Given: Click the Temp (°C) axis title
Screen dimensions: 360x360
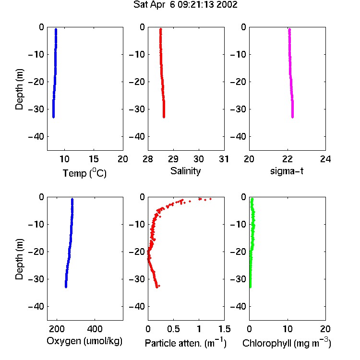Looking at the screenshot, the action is (x=84, y=173).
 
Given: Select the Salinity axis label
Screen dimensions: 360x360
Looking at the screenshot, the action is (x=185, y=171).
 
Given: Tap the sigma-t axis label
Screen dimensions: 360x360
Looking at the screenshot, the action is (x=287, y=171).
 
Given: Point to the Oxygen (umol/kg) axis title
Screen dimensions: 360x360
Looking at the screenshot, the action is (x=84, y=341).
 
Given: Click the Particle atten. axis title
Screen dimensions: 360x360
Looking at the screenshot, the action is (x=186, y=343).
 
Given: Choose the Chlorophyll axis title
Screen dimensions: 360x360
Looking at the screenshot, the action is (x=287, y=343).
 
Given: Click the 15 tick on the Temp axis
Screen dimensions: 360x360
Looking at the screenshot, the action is (x=94, y=159).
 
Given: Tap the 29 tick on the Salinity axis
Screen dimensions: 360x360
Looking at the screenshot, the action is (x=173, y=159).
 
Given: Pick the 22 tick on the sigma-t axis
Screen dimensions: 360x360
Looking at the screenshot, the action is (x=288, y=159).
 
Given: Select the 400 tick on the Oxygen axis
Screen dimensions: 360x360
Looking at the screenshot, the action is (x=95, y=329).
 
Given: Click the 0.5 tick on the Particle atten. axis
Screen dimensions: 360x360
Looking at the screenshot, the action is (x=174, y=329).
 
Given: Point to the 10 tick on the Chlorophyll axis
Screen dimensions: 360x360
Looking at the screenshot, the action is (x=288, y=329).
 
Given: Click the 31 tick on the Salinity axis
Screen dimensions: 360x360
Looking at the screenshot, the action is (x=224, y=159).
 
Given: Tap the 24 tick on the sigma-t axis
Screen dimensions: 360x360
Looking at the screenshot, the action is (x=325, y=159).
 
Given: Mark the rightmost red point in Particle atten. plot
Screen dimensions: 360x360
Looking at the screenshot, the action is (x=210, y=199).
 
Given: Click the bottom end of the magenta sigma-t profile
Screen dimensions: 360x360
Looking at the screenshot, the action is (x=292, y=118).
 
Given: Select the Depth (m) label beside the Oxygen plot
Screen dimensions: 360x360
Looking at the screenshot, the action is (x=20, y=259).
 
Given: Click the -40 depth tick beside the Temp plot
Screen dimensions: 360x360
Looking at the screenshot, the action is (x=36, y=137).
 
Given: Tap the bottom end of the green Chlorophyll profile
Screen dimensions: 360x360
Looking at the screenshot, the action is (x=250, y=287).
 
